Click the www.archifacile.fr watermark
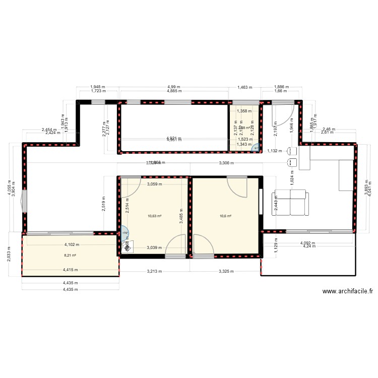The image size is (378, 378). [348, 291]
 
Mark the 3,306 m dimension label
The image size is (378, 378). [227, 163]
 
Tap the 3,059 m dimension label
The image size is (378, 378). [154, 184]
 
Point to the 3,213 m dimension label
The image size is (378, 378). [154, 271]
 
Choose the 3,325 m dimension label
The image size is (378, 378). [226, 271]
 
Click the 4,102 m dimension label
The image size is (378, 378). [71, 245]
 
